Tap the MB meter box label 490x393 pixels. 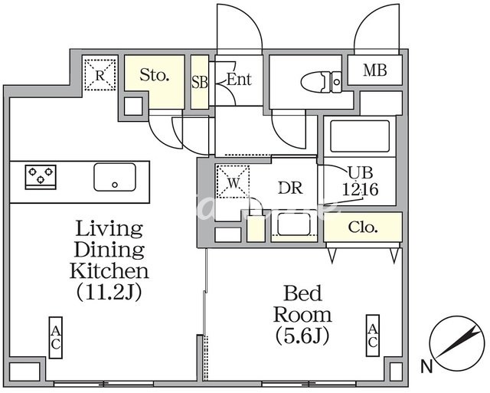pyautogui.click(x=375, y=71)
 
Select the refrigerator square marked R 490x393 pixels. pyautogui.click(x=100, y=74)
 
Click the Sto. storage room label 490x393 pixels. pyautogui.click(x=155, y=76)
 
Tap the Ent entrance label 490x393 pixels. pyautogui.click(x=239, y=79)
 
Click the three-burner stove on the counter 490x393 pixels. pyautogui.click(x=41, y=177)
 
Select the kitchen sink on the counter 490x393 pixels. pyautogui.click(x=115, y=177)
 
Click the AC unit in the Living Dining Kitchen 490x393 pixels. pyautogui.click(x=56, y=337)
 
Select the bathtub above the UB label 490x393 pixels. pyautogui.click(x=358, y=139)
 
